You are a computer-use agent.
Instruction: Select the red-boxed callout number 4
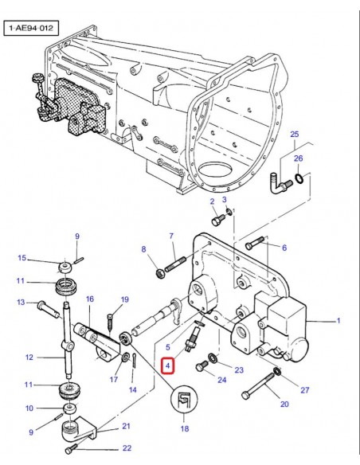[167, 366]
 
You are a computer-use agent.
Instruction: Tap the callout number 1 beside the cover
[338, 321]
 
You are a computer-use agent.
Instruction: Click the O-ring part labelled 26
[297, 183]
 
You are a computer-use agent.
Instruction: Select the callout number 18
[185, 428]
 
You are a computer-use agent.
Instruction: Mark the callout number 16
[90, 299]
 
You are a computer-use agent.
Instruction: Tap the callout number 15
[22, 257]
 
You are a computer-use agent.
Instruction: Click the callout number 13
[21, 303]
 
